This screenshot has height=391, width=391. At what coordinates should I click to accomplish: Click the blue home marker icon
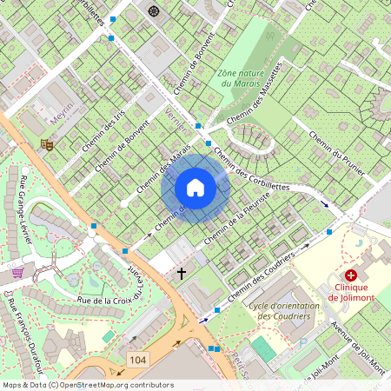pyautogui.click(x=195, y=188)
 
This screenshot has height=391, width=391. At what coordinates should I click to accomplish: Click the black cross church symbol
pyautogui.click(x=182, y=274)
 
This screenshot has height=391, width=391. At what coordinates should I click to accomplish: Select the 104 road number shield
pyautogui.click(x=136, y=359)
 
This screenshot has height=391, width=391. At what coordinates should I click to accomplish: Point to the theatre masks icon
pyautogui.click(x=47, y=145)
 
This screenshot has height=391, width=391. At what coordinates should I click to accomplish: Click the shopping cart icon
pyautogui.click(x=17, y=273)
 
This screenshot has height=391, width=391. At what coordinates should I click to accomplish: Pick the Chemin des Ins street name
pyautogui.click(x=103, y=131)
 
